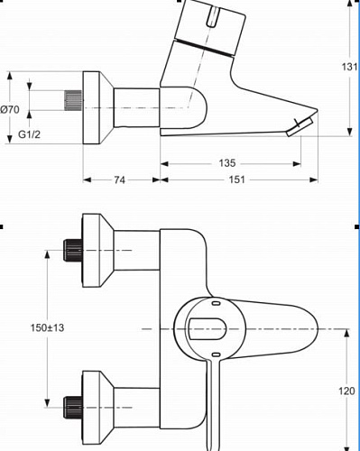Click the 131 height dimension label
[x=349, y=67]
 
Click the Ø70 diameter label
[x=10, y=109]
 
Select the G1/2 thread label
[x=29, y=134]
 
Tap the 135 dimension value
[x=227, y=163]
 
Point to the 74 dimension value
[x=119, y=179]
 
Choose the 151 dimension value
[x=237, y=179]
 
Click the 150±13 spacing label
[x=47, y=327]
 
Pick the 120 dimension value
[x=346, y=391]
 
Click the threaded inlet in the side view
[x=73, y=100]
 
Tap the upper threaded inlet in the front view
[x=73, y=250]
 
